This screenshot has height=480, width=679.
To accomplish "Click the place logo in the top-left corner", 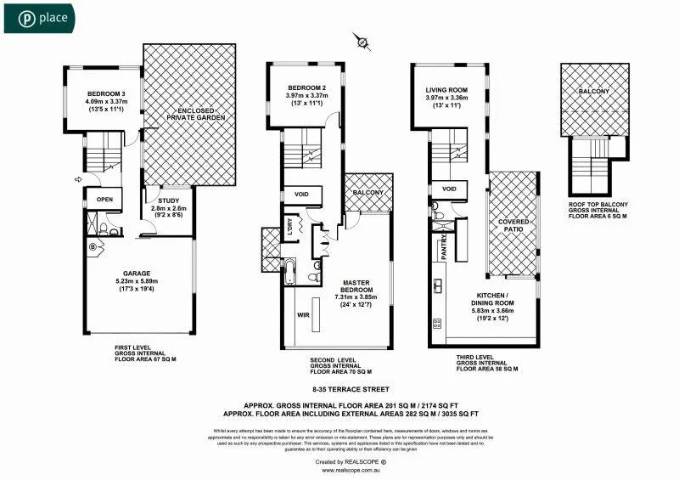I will [x=39, y=17].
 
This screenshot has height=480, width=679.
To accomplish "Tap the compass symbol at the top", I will [x=361, y=41].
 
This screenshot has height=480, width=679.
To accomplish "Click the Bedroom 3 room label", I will [x=105, y=93].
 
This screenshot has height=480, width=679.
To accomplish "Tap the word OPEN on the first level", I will [x=104, y=200].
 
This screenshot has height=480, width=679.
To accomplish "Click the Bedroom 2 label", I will [x=306, y=88].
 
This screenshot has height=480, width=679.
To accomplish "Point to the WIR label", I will [x=303, y=313].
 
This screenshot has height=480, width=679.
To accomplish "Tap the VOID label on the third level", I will [x=450, y=189].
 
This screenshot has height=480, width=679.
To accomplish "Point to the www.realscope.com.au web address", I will [x=339, y=470].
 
